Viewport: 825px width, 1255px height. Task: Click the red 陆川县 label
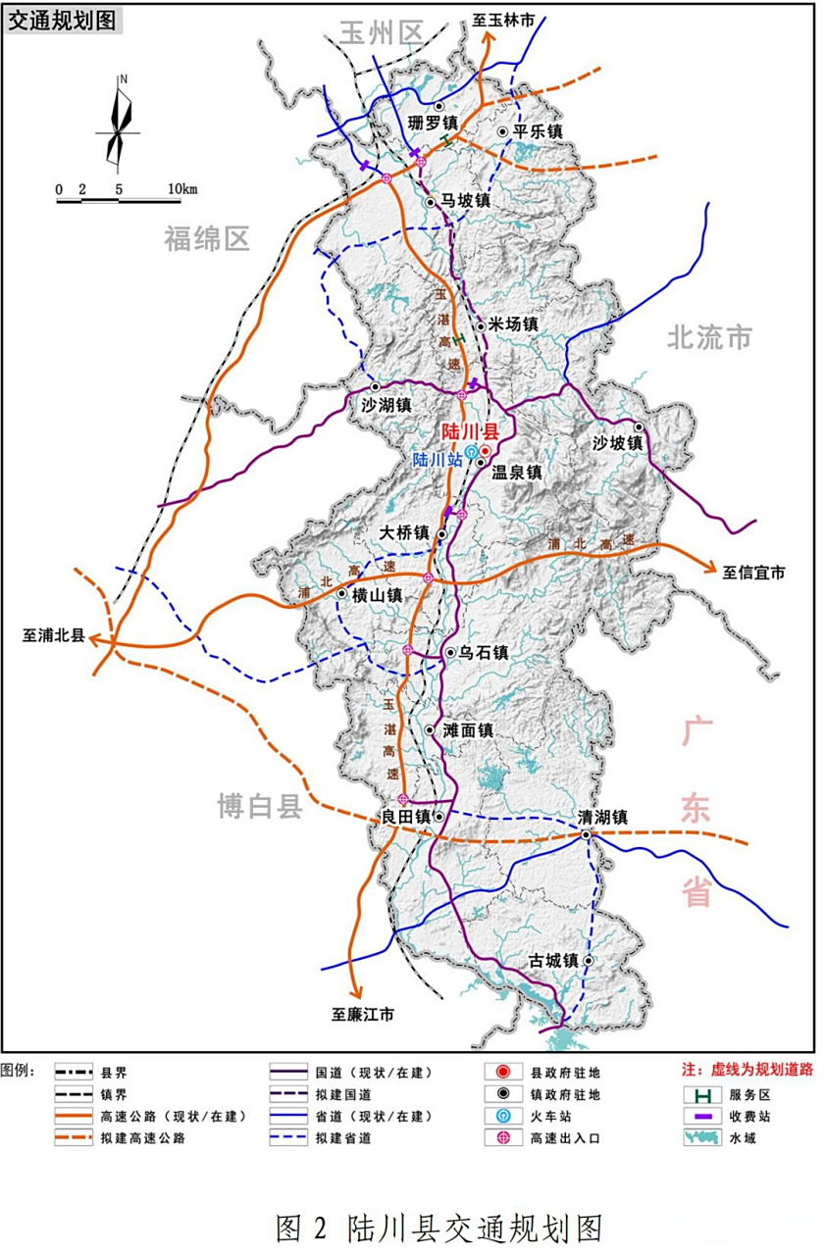click(x=470, y=430)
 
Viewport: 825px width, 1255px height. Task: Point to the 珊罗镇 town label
click(x=434, y=123)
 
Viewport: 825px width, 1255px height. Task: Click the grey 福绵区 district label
click(x=207, y=237)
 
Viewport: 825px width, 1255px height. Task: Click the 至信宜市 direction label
click(x=754, y=572)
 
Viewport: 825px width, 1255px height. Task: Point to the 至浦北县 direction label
click(x=54, y=634)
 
